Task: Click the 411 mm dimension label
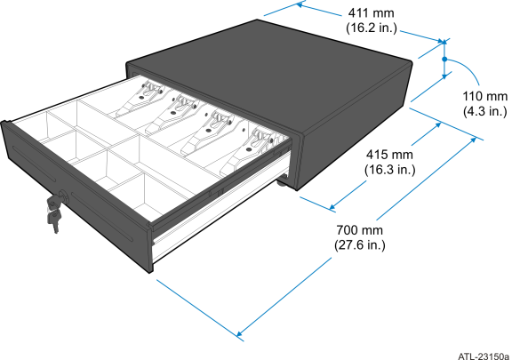(371, 13)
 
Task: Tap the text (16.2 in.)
(372, 28)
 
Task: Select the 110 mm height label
(485, 97)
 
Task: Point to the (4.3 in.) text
(485, 111)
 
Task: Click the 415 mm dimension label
(389, 154)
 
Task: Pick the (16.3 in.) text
(389, 170)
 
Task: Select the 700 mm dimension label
(359, 230)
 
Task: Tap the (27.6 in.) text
(359, 245)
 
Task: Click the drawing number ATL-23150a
(484, 356)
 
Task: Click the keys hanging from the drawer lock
(53, 213)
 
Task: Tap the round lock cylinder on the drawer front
(64, 197)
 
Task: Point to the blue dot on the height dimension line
(444, 60)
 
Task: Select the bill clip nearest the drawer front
(249, 151)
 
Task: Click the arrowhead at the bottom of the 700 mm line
(239, 334)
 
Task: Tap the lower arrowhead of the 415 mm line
(332, 207)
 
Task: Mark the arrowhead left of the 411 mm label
(300, 5)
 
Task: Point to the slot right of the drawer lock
(102, 217)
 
